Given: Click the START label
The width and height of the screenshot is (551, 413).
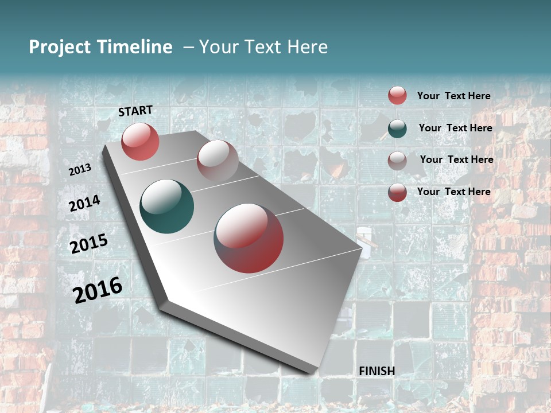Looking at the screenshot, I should [135, 111].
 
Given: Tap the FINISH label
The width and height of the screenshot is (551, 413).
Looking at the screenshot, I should [377, 371].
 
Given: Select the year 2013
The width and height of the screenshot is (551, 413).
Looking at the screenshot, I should [80, 169].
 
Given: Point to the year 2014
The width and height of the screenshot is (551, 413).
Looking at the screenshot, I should [84, 204].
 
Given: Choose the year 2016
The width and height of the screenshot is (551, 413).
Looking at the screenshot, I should [98, 290].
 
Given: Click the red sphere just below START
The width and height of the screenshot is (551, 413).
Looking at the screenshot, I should [140, 141].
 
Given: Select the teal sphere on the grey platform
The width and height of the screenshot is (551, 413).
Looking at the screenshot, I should [166, 207].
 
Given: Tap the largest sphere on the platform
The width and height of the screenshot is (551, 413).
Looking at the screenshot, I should [249, 238].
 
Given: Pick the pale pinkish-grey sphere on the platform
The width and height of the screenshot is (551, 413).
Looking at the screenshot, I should [218, 161].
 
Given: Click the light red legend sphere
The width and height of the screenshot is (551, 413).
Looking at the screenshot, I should [397, 95].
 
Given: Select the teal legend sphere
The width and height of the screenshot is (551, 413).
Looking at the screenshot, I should [397, 128].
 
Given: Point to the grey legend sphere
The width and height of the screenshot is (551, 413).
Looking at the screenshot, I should [397, 161].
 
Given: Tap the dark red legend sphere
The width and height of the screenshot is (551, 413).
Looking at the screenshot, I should [397, 192].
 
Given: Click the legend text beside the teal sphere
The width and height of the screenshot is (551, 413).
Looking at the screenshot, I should [455, 128].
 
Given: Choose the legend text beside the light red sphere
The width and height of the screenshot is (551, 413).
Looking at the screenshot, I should [453, 96].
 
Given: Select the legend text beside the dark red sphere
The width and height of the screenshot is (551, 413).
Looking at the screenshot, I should [453, 192].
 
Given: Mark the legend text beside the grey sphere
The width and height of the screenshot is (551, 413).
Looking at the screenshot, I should [456, 159].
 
